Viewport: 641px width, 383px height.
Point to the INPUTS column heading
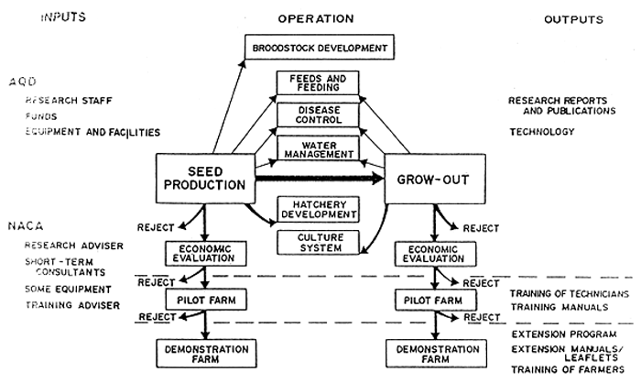pyautogui.click(x=41, y=17)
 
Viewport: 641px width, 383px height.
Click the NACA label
pyautogui.click(x=24, y=223)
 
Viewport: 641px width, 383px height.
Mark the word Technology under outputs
pyautogui.click(x=542, y=132)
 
